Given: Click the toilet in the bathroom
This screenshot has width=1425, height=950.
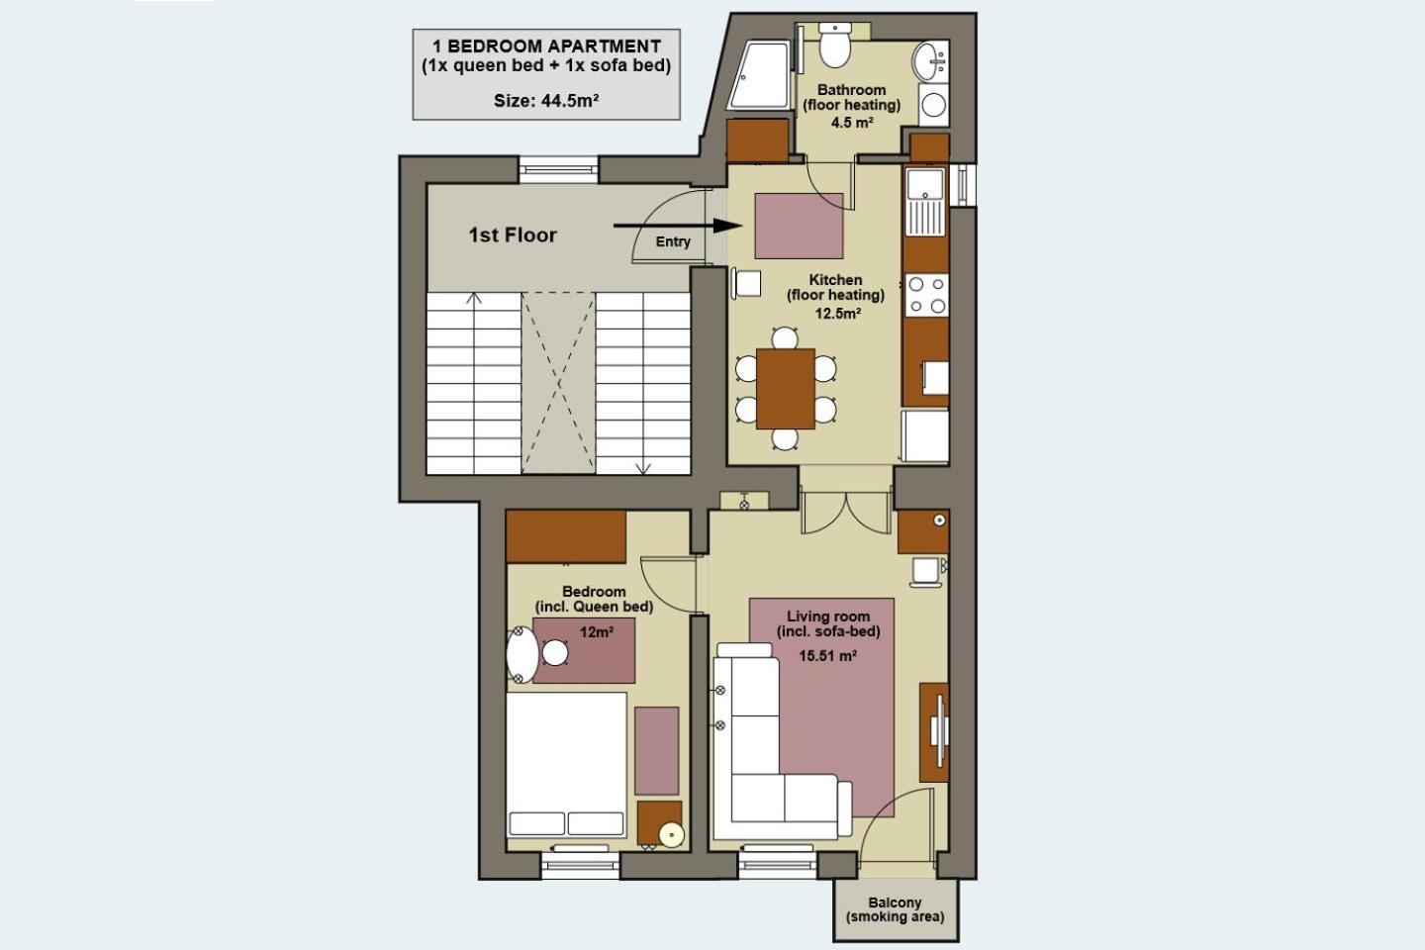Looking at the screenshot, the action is (x=834, y=45).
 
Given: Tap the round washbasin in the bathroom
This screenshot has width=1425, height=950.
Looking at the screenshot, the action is (x=929, y=62).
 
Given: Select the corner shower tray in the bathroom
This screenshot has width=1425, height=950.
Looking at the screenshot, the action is (x=760, y=76).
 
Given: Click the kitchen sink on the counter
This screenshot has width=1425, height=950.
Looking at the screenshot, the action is (x=925, y=201).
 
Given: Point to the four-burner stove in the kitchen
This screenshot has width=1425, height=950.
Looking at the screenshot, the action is (x=926, y=295).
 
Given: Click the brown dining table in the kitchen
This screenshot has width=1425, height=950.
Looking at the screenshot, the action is (x=786, y=389).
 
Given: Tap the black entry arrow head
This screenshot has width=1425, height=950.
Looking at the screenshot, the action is (x=727, y=226).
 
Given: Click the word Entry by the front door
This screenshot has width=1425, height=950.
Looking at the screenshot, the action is (x=673, y=241).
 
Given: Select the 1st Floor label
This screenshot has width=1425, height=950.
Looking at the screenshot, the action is (x=513, y=235).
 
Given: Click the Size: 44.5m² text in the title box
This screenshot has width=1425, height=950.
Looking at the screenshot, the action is (x=546, y=101).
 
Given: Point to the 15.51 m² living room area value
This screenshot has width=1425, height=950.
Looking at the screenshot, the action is (x=827, y=655).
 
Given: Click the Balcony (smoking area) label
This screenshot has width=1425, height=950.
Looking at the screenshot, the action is (x=895, y=909).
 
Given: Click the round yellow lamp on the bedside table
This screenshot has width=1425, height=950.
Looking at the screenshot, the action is (x=671, y=835).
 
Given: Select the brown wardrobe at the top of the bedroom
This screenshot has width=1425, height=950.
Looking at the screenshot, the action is (x=566, y=536).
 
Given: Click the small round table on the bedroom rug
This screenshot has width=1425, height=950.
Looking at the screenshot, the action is (x=555, y=653).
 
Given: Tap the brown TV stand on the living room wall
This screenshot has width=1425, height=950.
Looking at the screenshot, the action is (x=934, y=732).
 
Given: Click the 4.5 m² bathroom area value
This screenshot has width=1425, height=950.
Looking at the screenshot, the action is (x=852, y=122).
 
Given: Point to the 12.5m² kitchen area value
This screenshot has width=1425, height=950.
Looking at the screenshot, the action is (x=838, y=313).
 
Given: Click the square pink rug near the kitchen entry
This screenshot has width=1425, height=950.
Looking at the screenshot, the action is (x=799, y=226).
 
